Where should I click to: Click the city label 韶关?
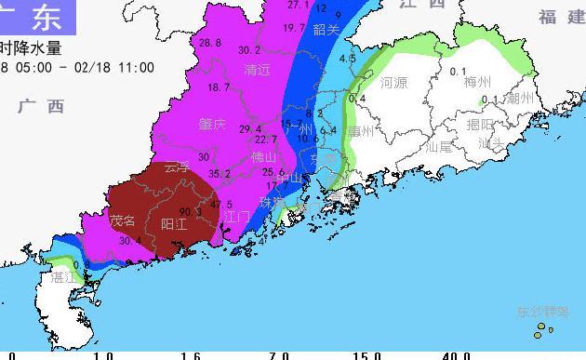click(326, 30)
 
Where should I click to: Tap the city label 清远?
click(258, 70)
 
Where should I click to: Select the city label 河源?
click(393, 83)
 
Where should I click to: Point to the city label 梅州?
click(477, 83)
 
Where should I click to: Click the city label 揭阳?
click(481, 125)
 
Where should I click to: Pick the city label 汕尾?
click(438, 146)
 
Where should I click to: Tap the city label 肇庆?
click(212, 124)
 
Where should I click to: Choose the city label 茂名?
click(124, 221)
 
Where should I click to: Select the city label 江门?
click(237, 216)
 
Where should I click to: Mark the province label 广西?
click(41, 106)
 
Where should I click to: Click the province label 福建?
click(561, 17)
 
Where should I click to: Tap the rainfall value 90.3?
click(192, 212)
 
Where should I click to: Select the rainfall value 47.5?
click(221, 205)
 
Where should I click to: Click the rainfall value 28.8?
click(210, 43)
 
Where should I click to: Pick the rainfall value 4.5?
click(348, 59)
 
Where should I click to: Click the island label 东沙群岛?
click(536, 312)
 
